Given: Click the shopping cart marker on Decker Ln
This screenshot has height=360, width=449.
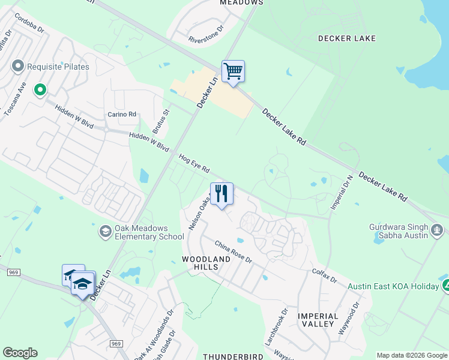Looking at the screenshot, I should pyautogui.click(x=233, y=71).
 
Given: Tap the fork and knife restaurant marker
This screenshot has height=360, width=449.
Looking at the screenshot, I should pyautogui.click(x=221, y=194).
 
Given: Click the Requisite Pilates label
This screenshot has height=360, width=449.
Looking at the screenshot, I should pyautogui.click(x=58, y=67).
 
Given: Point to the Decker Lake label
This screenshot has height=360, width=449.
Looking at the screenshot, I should pyautogui.click(x=346, y=38).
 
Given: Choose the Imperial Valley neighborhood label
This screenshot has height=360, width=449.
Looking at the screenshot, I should pyautogui.click(x=316, y=319).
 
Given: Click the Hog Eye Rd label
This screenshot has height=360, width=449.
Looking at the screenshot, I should pyautogui.click(x=194, y=163).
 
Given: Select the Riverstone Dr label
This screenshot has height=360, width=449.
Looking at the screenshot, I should pyautogui.click(x=206, y=34).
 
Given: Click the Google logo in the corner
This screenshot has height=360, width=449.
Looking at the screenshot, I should pyautogui.click(x=20, y=353).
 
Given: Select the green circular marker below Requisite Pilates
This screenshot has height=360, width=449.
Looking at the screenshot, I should pyautogui.click(x=40, y=90).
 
